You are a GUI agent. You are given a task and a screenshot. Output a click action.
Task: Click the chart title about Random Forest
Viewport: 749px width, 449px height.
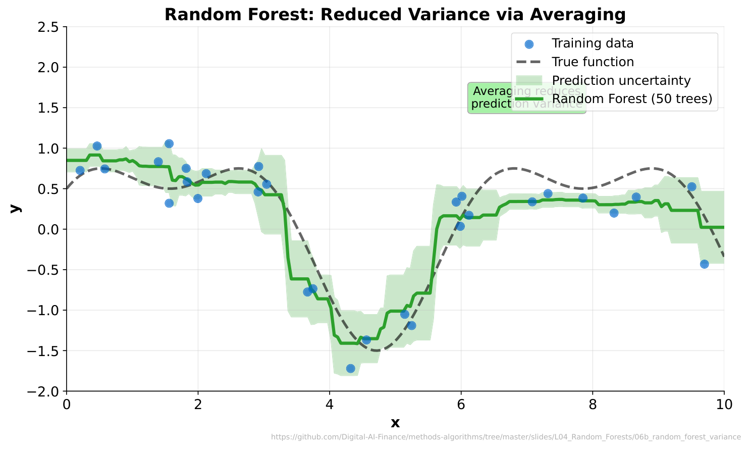tap(395, 15)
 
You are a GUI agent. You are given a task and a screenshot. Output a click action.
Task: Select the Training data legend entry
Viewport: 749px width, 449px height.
tap(592, 43)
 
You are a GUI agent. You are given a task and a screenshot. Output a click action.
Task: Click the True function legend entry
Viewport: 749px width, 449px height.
tap(593, 62)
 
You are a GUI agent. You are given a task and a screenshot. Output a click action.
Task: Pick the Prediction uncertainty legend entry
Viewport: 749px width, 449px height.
tap(621, 81)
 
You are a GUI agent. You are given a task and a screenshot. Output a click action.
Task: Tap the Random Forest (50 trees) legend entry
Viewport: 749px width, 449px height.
tap(632, 99)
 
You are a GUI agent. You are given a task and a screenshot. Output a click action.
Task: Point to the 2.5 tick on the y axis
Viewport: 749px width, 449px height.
tap(49, 27)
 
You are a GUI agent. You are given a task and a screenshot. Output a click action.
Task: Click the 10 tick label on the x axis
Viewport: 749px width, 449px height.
tap(724, 405)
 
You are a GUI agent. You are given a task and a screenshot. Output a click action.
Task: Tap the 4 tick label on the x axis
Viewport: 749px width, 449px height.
tap(330, 405)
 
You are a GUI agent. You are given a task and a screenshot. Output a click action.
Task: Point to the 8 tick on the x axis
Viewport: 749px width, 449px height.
tap(593, 405)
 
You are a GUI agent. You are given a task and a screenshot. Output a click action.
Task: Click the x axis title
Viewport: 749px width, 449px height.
tap(395, 423)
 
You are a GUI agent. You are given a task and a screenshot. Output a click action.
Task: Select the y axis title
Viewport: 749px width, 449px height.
tap(15, 209)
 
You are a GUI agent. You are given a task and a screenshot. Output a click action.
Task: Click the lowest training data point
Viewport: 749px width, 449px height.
tap(350, 369)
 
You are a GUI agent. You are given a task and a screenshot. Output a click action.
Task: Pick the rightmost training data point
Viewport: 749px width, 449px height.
tap(704, 264)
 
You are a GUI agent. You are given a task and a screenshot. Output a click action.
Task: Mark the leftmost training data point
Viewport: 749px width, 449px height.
tap(80, 170)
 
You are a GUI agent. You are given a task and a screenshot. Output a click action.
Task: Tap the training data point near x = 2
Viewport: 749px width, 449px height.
tap(198, 198)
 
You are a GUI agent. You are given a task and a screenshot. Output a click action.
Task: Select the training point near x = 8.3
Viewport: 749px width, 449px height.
tap(614, 213)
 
